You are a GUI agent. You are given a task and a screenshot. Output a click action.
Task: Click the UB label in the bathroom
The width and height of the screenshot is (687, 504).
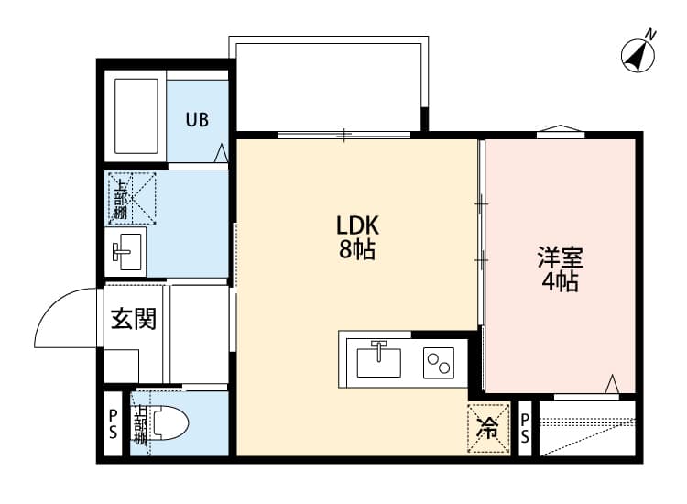click(198, 119)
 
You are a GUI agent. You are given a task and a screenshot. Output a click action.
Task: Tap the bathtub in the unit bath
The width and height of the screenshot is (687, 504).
click(138, 116)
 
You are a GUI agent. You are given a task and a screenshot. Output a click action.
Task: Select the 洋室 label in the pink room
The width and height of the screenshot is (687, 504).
click(561, 257)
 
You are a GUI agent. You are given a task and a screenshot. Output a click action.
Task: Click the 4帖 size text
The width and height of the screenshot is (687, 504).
click(561, 282)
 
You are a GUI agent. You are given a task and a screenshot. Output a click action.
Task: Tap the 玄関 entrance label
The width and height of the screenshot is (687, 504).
click(134, 320)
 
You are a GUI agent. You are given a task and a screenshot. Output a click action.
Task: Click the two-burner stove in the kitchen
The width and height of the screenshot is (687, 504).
click(439, 363)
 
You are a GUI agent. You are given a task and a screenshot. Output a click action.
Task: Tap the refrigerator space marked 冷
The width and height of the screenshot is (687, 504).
click(488, 426)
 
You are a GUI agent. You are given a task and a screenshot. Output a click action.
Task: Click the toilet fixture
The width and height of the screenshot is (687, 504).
click(170, 424)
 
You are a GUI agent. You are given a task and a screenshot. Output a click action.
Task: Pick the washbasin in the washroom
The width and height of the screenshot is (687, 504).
click(127, 248)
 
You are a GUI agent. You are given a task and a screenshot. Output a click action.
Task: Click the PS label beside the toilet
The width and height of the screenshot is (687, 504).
click(113, 424)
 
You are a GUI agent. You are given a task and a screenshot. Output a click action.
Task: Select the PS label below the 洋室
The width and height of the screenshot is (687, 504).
click(526, 428)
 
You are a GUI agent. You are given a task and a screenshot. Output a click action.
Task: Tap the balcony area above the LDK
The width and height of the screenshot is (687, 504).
click(328, 84)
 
